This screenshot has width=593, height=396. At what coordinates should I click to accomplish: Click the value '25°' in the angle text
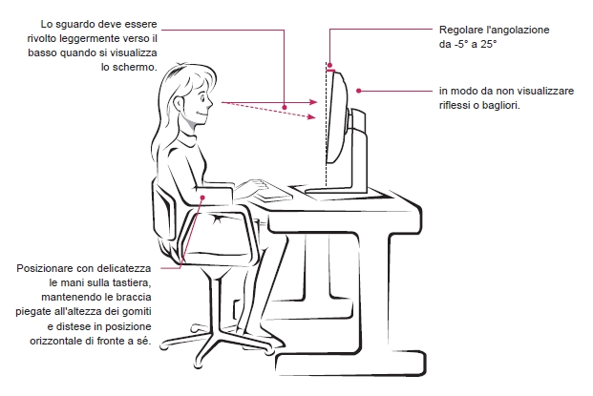(x=488, y=44)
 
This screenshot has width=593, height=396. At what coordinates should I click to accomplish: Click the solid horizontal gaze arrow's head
(x=313, y=102)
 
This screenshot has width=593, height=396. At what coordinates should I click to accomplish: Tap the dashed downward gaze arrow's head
(x=311, y=117)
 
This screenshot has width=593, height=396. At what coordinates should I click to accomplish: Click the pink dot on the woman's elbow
(x=202, y=198)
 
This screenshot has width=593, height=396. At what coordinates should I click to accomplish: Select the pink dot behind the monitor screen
(x=358, y=91)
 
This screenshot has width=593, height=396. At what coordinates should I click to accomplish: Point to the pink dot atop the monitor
(x=329, y=66)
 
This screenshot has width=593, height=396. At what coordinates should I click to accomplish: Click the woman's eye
(x=202, y=100)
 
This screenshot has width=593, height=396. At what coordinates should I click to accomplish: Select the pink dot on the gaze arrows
(x=285, y=107)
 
